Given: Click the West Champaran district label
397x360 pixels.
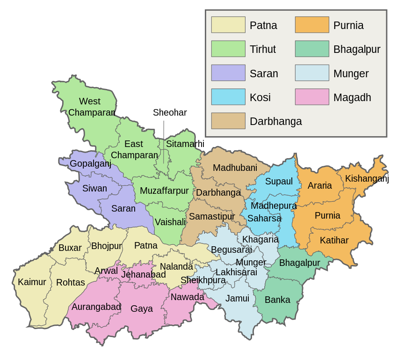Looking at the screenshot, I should [91, 107].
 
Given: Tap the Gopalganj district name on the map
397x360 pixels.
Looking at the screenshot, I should [90, 163].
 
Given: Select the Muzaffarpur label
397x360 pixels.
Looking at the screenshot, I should [164, 191].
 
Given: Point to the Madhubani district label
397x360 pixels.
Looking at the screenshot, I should [235, 168].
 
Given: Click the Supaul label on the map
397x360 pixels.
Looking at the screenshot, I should [279, 181].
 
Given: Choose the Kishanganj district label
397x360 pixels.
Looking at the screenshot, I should [364, 178].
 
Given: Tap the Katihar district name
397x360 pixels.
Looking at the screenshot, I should [334, 240].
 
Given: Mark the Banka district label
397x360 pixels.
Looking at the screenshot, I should [277, 300].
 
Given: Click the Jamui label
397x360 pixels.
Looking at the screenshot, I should [237, 298].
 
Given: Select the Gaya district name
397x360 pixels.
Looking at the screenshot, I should [142, 309].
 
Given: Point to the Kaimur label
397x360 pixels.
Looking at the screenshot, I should [32, 282].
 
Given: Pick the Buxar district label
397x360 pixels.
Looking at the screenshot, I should [70, 248].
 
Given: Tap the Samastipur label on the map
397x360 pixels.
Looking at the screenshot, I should [212, 216].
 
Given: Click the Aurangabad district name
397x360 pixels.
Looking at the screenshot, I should [96, 307].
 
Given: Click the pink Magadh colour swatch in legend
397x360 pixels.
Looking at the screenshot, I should [312, 97].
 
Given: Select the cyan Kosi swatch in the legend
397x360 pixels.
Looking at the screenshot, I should [228, 97].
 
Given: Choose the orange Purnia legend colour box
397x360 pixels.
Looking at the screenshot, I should [312, 25].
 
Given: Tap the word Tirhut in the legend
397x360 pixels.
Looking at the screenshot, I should [263, 49].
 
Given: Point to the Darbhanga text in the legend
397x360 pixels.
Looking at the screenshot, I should [276, 121].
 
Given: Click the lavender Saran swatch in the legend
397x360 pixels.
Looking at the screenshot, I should [228, 73].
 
